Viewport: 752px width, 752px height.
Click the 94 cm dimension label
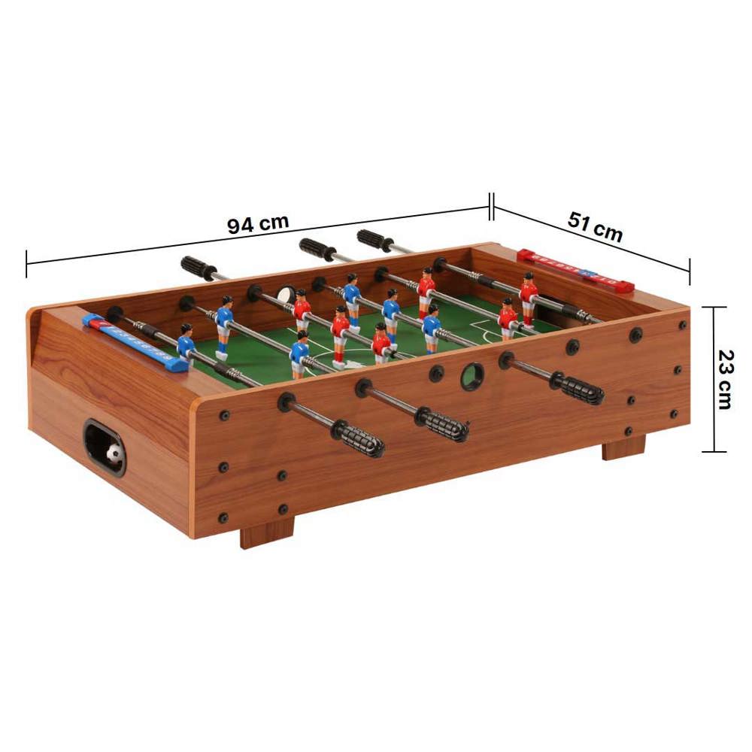[x=258, y=224]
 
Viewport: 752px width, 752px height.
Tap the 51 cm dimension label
[x=595, y=226]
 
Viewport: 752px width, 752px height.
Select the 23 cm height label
[x=724, y=379]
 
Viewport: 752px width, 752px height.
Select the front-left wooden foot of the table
[x=266, y=532]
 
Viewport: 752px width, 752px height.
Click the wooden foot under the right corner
[x=623, y=447]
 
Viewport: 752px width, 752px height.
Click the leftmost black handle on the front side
[x=358, y=438]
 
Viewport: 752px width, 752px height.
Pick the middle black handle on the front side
[x=444, y=425]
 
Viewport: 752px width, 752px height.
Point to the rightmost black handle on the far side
[x=374, y=241]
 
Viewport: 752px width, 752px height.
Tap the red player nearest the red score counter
[x=528, y=297]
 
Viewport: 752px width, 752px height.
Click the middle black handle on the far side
[x=317, y=249]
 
